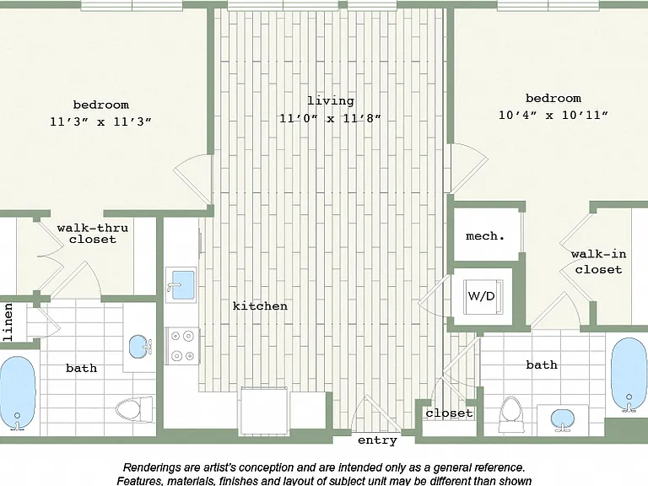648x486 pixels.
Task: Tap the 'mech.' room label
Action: coord(485,236)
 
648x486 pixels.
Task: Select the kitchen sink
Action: coord(181,284)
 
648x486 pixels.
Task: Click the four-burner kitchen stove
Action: coord(182,345)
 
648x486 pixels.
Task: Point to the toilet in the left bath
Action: coord(134,409)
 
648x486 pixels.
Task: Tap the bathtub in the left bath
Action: coord(18,393)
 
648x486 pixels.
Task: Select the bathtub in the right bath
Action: coord(629,375)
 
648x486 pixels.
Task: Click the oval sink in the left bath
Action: coord(140,346)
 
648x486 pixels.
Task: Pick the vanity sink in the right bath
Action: coord(563,420)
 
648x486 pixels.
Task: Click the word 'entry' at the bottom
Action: coord(377,441)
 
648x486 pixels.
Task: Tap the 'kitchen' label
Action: coord(260,305)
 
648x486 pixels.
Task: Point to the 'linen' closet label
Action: coord(8,322)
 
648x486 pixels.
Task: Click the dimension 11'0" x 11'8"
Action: coord(330,119)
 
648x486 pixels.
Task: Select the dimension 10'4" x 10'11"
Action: coord(553,115)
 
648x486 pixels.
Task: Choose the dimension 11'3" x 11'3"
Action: coord(100,121)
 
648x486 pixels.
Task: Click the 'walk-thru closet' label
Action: coord(93,234)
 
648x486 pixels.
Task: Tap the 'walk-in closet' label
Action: coord(598,262)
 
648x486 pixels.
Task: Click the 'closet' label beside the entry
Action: coord(449,413)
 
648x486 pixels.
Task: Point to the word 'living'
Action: coord(331,101)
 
